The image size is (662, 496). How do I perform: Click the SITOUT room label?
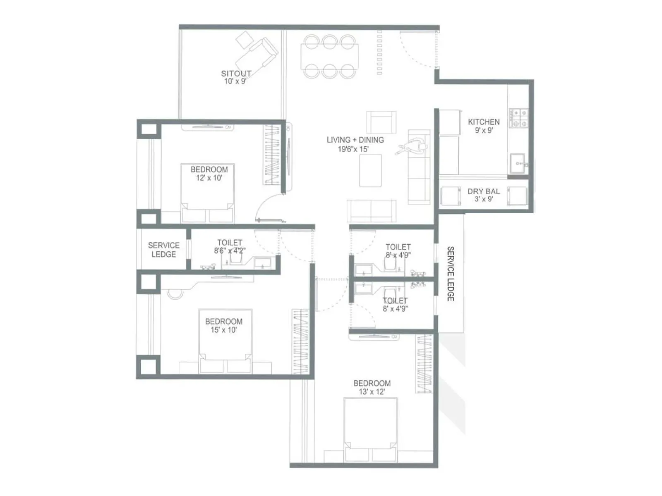[236, 73]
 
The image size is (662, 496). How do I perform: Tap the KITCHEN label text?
[484, 122]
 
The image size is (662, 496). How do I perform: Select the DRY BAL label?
[484, 191]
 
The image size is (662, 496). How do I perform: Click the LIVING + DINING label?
[355, 140]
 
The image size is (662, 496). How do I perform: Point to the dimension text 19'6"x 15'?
[353, 149]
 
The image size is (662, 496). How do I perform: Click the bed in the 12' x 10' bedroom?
[208, 194]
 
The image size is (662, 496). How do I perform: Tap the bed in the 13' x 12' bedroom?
[371, 430]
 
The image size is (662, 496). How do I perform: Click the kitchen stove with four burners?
[518, 118]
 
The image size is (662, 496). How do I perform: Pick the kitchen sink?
[518, 164]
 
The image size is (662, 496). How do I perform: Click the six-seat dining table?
[330, 57]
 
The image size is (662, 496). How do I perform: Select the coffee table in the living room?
[370, 170]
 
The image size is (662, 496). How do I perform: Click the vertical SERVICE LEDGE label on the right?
[451, 274]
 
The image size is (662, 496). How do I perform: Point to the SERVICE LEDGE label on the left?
[163, 250]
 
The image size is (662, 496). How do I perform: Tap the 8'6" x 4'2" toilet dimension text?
[230, 250]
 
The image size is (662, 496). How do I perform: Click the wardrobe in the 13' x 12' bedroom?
[424, 364]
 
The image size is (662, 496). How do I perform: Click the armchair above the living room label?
[381, 122]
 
